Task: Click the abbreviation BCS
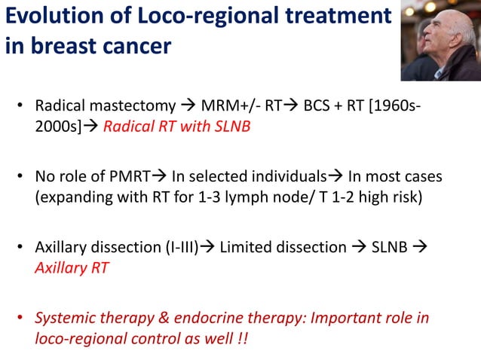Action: pos(317,105)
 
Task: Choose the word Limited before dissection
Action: pos(245,249)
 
